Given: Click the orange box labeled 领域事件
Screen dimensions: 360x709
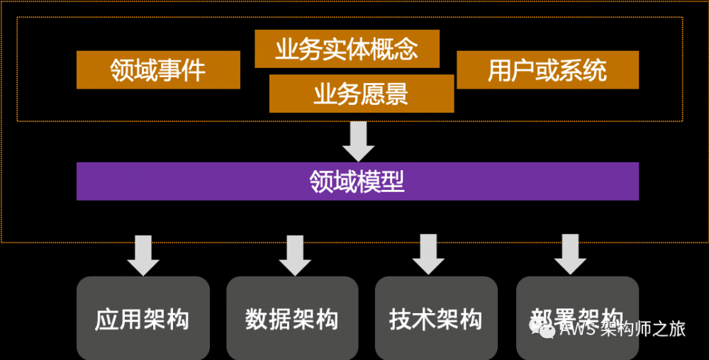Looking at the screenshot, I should (158, 70).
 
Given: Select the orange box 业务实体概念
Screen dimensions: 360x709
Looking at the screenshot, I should (347, 49).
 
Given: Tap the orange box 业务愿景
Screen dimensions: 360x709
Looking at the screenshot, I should (362, 94).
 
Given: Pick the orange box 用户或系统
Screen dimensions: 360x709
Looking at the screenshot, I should (547, 70).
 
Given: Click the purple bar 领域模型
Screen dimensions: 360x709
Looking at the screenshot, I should (357, 181).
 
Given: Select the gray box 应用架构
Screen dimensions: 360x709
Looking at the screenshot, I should (143, 318).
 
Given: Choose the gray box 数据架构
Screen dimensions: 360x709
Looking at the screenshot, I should (292, 318).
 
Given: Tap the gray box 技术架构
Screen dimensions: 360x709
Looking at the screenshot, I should (435, 318).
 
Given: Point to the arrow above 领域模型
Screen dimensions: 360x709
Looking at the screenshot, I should (358, 141).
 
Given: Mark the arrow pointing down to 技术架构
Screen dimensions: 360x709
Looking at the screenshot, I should (428, 254).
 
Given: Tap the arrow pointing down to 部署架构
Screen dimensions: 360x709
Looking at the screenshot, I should (570, 254).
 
